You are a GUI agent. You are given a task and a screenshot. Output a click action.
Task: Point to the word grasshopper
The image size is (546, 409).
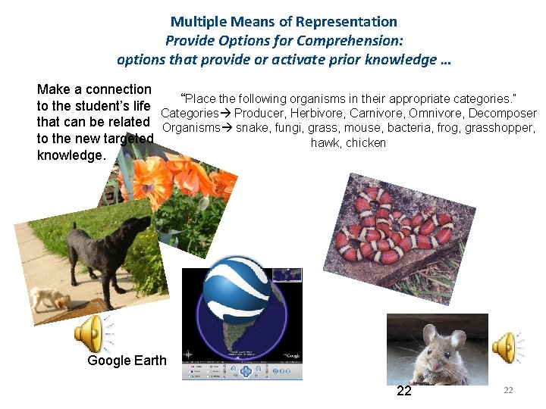pos(500,128)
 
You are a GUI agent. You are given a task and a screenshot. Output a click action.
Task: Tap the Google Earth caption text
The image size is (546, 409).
pos(127,361)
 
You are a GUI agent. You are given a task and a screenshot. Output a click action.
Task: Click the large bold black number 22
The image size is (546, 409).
pos(404,391)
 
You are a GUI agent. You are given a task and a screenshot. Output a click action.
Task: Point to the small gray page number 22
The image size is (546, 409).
pos(509,389)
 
